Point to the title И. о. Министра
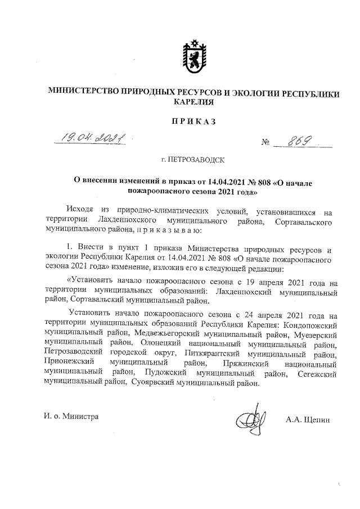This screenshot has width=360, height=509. (x=71, y=416)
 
